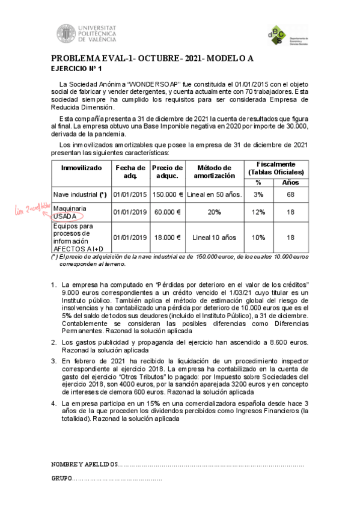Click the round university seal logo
66,34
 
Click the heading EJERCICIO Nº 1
76,69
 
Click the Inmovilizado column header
81,167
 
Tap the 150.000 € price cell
167,194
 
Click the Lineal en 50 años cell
215,194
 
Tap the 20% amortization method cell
215,212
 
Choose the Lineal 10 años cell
215,237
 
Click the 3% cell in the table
258,194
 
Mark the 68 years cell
291,194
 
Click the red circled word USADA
66,216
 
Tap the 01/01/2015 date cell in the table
129,194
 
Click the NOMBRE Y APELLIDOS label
84,465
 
